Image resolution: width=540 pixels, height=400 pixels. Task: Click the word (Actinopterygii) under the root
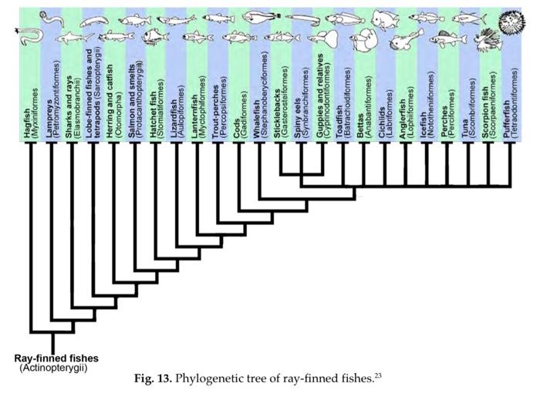tap(52, 369)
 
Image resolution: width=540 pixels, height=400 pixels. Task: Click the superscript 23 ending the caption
tap(379, 375)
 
